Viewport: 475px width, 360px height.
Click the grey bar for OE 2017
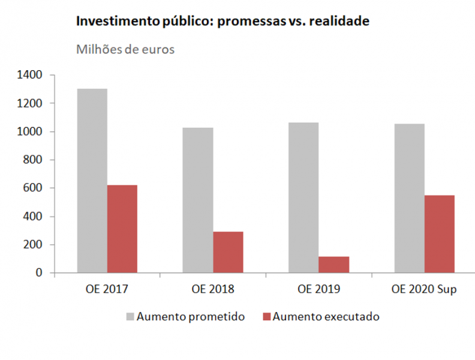[92, 181]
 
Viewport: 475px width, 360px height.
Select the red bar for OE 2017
[122, 229]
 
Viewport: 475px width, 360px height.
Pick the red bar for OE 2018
[228, 252]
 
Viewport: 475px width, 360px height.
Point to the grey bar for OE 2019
[303, 197]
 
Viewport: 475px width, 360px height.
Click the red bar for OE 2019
[334, 265]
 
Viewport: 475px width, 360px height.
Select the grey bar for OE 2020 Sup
[409, 198]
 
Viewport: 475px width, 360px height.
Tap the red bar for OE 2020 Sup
[440, 234]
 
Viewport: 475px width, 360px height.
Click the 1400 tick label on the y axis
[30, 75]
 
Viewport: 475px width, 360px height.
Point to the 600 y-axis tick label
[33, 188]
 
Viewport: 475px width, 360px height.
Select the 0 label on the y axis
[39, 272]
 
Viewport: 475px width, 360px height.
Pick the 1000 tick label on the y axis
[30, 131]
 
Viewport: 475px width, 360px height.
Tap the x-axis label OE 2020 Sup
[424, 289]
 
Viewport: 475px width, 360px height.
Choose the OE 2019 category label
[318, 289]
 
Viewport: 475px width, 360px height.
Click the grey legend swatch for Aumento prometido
[130, 317]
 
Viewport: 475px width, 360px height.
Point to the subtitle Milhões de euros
[125, 49]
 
